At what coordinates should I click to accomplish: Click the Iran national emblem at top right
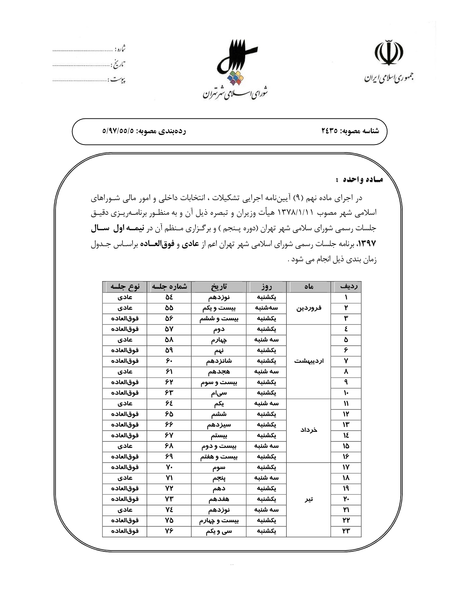click(x=389, y=55)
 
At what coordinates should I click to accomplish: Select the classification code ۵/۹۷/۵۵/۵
click(x=118, y=131)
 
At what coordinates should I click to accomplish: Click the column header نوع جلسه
click(x=125, y=287)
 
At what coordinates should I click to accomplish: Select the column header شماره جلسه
click(x=169, y=287)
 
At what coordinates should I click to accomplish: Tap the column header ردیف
click(x=346, y=287)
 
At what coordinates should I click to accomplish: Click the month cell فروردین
click(x=309, y=308)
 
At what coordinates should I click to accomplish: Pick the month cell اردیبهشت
click(x=309, y=361)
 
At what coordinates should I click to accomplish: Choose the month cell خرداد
click(x=309, y=430)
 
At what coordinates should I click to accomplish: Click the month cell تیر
click(x=309, y=499)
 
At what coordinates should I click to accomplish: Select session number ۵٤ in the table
click(x=169, y=297)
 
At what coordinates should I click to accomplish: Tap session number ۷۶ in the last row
click(x=169, y=531)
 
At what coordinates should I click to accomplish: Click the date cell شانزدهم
click(x=219, y=361)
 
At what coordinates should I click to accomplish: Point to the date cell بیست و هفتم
click(x=219, y=457)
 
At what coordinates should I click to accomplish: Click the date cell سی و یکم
click(x=219, y=531)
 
